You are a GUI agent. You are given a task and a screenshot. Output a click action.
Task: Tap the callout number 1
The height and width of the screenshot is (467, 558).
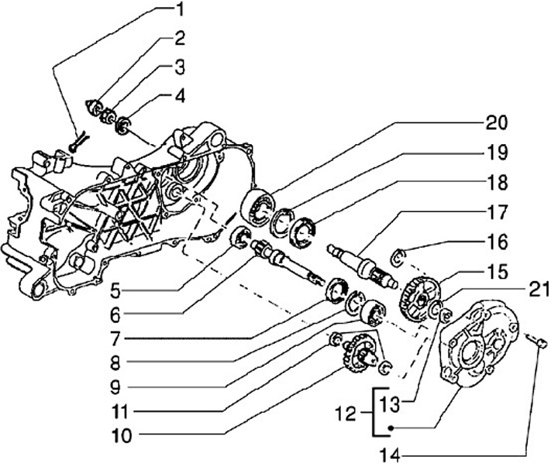tap(180, 9)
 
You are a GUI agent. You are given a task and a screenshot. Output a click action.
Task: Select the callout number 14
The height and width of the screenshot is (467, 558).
tap(391, 455)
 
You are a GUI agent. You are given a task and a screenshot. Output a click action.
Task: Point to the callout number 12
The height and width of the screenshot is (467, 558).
tap(346, 414)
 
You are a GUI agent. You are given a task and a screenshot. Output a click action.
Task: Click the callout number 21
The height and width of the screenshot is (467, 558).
tap(539, 290)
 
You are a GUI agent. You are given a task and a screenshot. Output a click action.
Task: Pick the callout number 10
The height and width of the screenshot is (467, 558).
tap(122, 436)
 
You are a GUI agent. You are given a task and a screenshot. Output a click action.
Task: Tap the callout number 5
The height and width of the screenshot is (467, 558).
tap(115, 290)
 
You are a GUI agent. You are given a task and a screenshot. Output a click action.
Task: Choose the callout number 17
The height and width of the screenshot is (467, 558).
tap(497, 213)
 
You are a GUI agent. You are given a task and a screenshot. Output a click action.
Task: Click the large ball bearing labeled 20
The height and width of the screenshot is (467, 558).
tap(258, 208)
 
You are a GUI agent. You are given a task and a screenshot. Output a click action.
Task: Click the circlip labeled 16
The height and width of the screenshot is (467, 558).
tap(398, 258)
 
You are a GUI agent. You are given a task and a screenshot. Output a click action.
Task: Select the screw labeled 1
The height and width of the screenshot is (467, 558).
tap(77, 142)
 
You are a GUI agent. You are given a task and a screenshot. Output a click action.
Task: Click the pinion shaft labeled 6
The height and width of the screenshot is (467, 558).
tap(287, 263)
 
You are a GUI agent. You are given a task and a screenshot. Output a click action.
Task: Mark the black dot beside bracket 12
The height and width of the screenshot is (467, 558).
tap(391, 428)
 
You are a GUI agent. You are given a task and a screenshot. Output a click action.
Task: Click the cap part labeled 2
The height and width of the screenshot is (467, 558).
tap(95, 108)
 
